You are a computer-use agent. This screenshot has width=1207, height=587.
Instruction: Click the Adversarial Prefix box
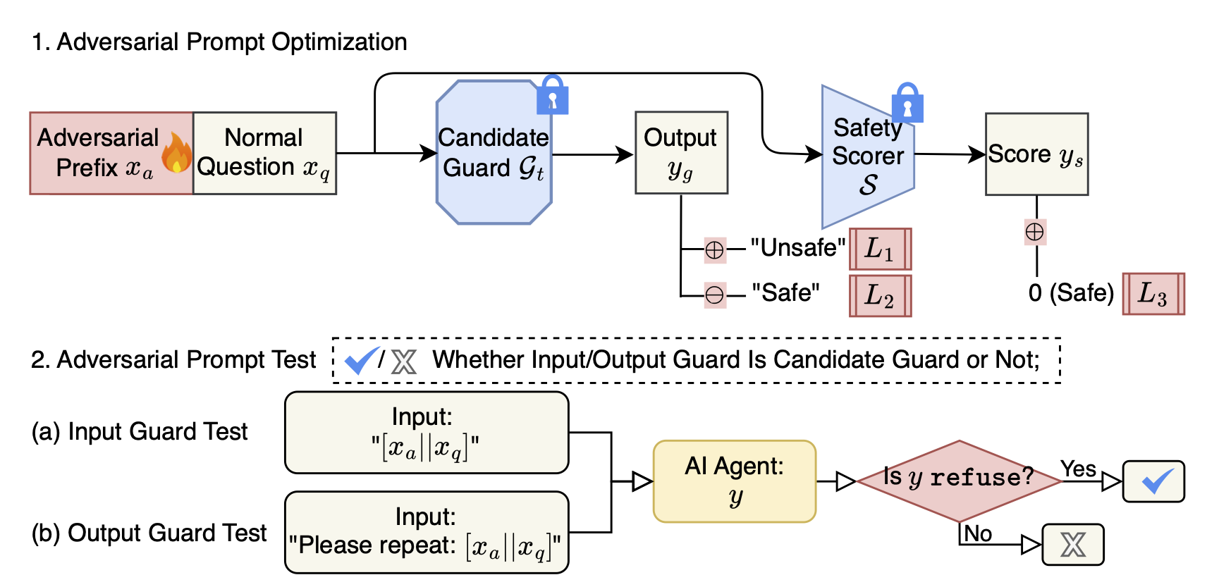click(99, 153)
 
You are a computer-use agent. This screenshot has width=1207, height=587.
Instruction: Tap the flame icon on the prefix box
click(176, 154)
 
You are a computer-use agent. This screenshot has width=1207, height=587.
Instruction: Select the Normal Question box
click(264, 153)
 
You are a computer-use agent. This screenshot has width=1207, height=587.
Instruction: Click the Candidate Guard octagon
click(494, 153)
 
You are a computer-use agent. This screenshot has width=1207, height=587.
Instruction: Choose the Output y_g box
click(681, 153)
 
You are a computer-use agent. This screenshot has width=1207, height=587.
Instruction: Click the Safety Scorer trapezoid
click(867, 156)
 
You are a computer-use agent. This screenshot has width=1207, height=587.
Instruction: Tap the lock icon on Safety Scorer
click(907, 103)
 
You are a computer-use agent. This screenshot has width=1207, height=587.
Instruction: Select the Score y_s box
click(1036, 154)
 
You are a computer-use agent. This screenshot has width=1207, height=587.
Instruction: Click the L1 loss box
click(880, 249)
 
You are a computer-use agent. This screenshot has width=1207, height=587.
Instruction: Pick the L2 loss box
click(880, 295)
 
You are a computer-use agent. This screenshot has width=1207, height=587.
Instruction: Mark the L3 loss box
click(1153, 293)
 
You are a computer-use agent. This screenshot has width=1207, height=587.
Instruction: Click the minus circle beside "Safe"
click(715, 295)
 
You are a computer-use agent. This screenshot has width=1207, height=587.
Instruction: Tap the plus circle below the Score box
click(1035, 232)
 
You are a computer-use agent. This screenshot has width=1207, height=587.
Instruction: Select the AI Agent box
click(735, 481)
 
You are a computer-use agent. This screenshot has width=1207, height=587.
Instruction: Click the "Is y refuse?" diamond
click(959, 481)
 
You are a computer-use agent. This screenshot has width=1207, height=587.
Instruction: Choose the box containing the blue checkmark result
click(1153, 481)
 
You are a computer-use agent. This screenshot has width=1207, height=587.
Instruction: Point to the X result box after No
click(1073, 544)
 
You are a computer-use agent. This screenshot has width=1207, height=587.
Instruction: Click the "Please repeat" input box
click(426, 532)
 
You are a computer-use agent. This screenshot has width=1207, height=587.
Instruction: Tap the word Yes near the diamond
click(1078, 469)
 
